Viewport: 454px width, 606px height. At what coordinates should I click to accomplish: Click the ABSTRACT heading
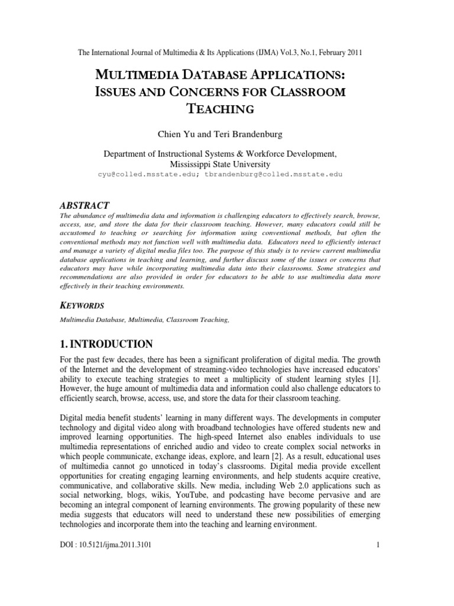click(x=85, y=205)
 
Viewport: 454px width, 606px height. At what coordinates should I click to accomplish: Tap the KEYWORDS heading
click(x=82, y=305)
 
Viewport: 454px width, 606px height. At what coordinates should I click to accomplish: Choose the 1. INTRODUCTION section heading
click(x=107, y=344)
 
